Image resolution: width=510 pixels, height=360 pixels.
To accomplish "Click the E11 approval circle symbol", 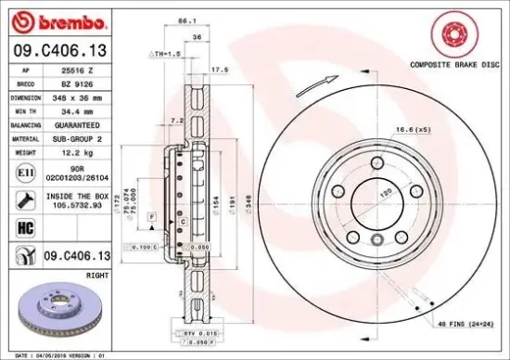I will coord(22,170).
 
